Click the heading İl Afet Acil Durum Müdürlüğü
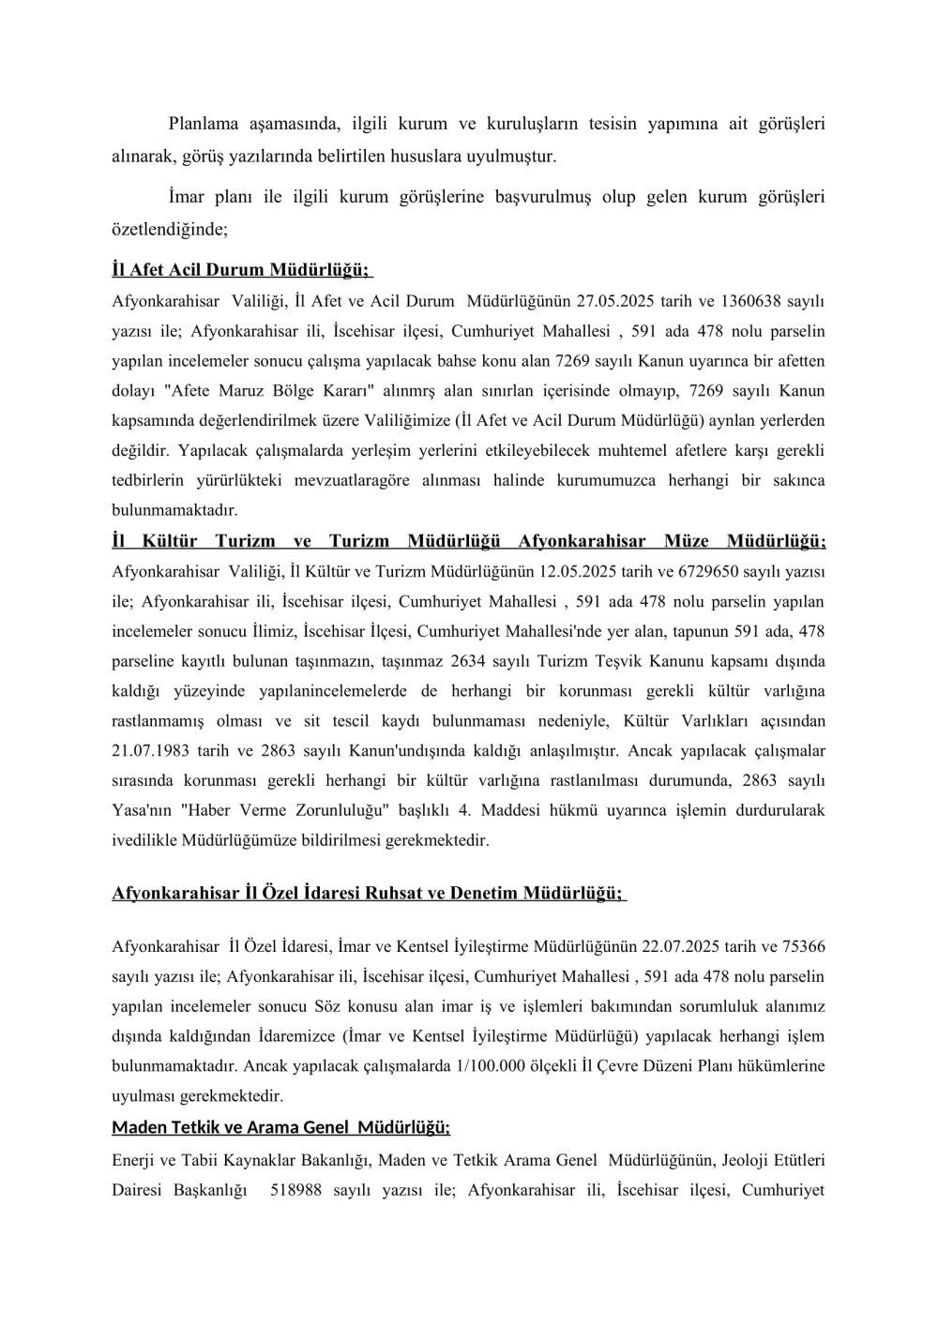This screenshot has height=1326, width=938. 241,271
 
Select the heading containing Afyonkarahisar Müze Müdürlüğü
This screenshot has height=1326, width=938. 468,542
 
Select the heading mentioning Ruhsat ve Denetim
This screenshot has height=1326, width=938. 368,893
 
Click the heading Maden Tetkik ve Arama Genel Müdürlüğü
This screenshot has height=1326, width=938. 281,1126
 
